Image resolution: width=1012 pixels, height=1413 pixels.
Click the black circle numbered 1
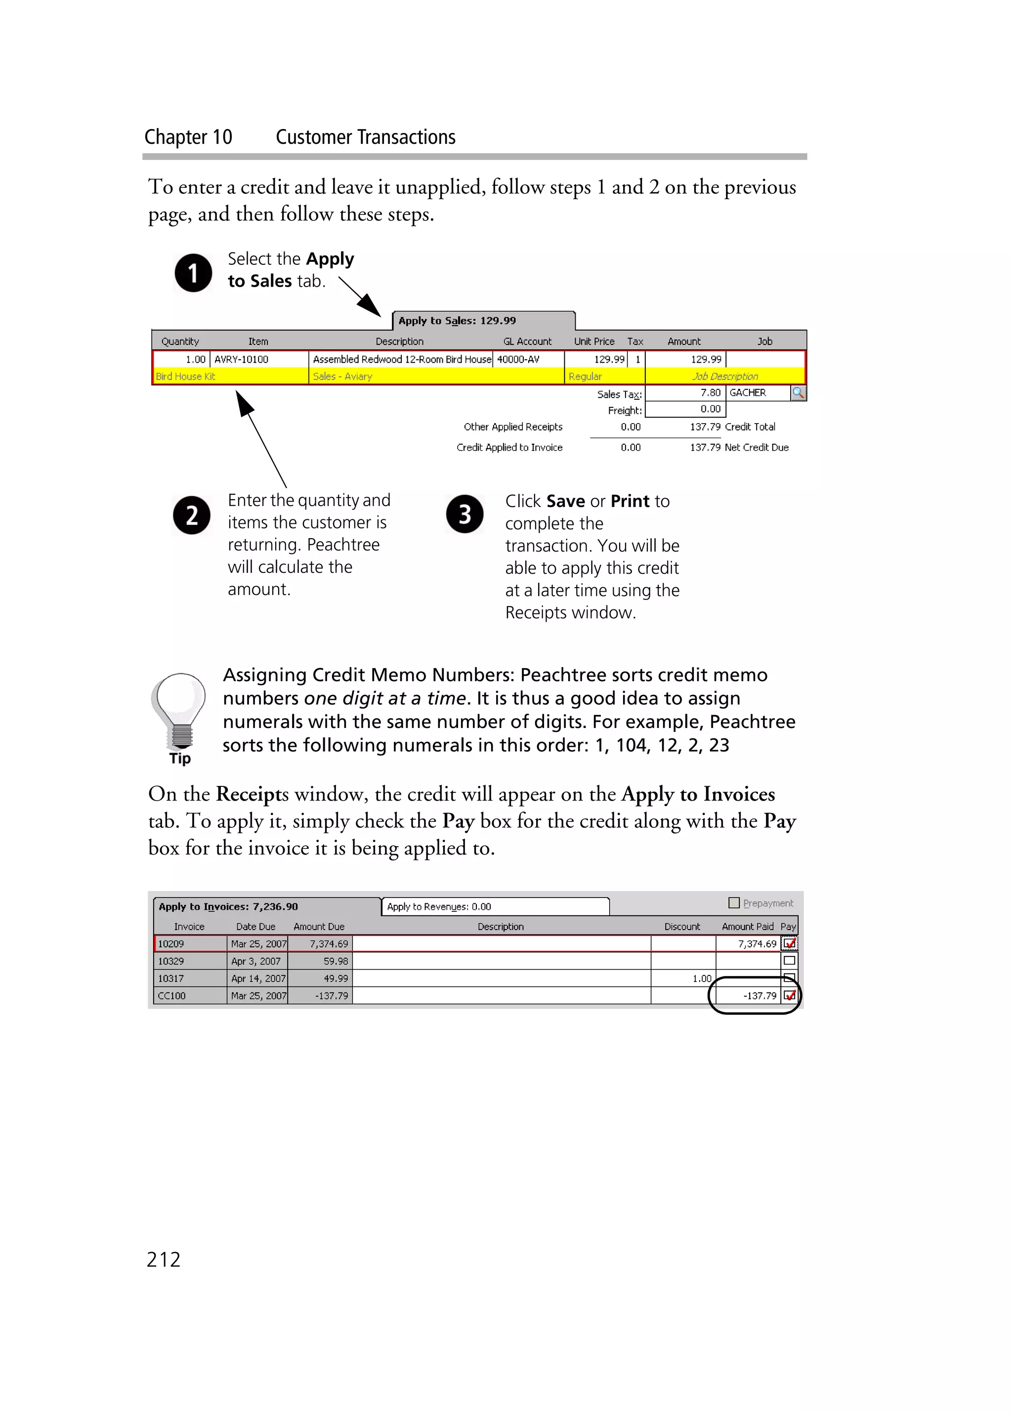tap(193, 273)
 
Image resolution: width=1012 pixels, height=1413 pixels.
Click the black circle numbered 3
tap(464, 514)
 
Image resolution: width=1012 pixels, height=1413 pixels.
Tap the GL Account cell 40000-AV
tap(527, 359)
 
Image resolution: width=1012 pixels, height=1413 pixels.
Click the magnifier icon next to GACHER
tap(798, 393)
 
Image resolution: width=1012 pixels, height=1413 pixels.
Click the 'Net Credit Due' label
tap(756, 447)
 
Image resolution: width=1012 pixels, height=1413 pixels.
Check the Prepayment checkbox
tap(734, 903)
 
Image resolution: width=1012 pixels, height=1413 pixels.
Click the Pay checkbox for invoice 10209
tap(789, 943)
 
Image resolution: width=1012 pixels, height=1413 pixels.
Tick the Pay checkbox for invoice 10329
tap(789, 961)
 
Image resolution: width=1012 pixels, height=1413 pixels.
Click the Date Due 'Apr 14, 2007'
tap(257, 979)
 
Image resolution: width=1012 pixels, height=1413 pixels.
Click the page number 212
tap(163, 1260)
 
